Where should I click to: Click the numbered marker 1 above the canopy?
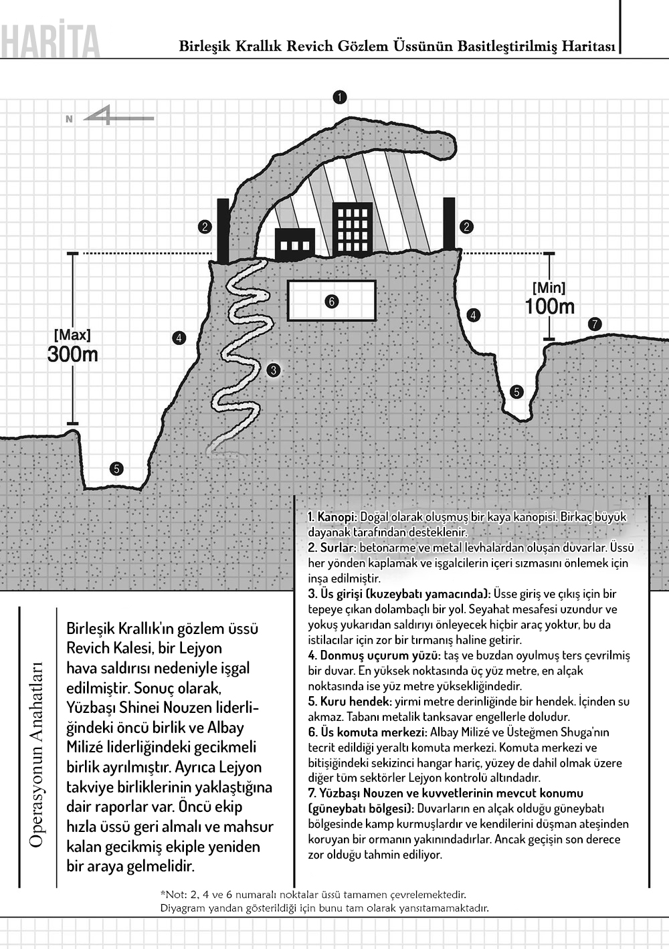click(340, 97)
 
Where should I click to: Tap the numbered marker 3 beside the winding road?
click(273, 370)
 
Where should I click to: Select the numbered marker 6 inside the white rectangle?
click(331, 302)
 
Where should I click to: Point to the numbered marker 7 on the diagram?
click(594, 325)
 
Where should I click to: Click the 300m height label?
click(72, 354)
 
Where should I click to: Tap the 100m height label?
click(549, 306)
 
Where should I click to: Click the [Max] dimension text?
click(72, 335)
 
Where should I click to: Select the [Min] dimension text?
click(549, 288)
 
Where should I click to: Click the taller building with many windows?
click(353, 228)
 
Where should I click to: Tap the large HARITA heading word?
click(50, 42)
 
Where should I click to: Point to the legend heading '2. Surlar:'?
click(332, 548)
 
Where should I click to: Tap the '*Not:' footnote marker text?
click(172, 894)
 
